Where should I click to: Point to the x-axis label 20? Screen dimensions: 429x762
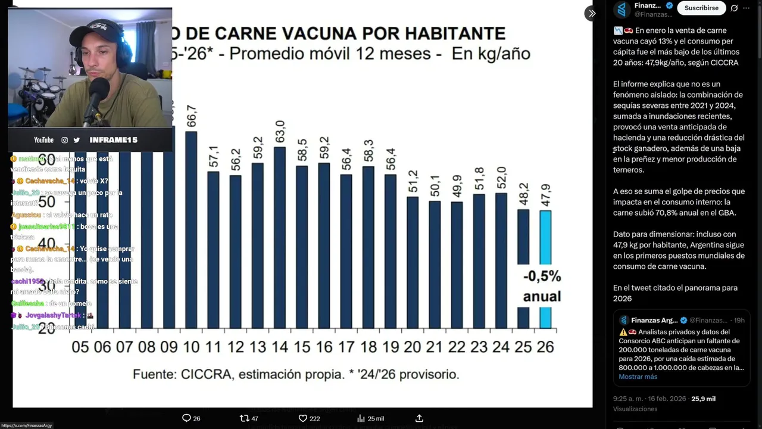point(412,347)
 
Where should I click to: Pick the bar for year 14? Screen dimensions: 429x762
point(280,238)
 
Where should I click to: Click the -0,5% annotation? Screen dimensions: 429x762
point(542,276)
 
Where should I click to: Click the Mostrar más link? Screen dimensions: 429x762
point(638,377)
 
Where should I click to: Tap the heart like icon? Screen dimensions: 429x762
point(302,418)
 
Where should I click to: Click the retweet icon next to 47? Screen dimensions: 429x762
point(244,418)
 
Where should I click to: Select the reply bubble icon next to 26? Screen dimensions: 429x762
point(186,418)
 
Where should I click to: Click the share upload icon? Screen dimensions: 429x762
point(419,418)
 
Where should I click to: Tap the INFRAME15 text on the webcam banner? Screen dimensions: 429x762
point(113,140)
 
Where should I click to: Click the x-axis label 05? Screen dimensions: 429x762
point(80,347)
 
